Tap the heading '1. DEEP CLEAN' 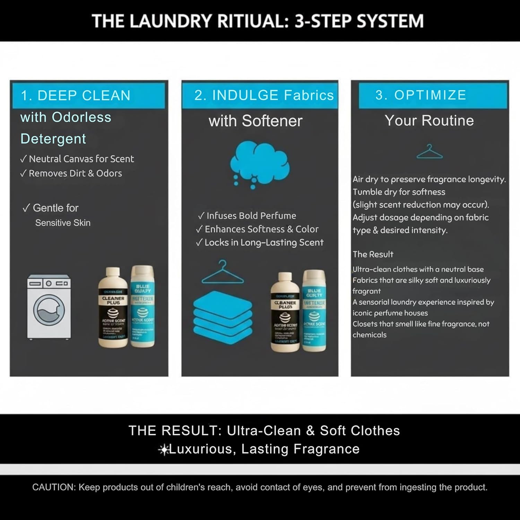76,95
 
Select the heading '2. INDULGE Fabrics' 264,95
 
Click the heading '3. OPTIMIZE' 421,95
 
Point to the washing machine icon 49,307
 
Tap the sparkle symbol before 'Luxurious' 163,450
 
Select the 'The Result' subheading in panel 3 373,254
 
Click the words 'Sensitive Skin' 63,223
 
